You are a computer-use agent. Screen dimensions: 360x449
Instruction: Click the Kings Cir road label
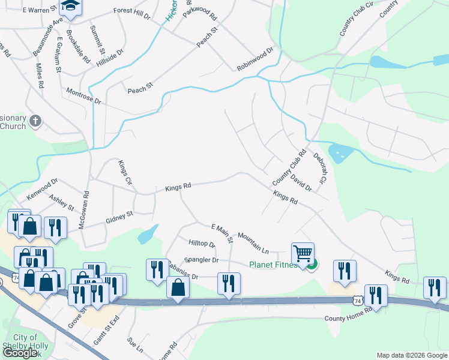pos(124,172)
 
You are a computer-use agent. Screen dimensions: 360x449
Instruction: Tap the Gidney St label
pos(119,215)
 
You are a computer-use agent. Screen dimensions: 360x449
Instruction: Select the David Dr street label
pos(301,182)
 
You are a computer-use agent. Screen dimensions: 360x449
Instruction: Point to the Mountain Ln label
pos(254,242)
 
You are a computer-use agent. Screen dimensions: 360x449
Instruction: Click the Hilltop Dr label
pos(202,243)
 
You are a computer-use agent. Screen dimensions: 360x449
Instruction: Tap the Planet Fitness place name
pos(274,265)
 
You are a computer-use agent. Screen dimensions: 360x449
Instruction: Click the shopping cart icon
pos(303,253)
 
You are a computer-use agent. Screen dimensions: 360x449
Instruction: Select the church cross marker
pos(35,121)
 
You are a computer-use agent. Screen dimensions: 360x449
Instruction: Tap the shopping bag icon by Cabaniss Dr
pos(178,287)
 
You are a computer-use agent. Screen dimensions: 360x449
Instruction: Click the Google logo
pos(20,353)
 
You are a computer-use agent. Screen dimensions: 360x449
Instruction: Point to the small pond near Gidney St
pos(148,234)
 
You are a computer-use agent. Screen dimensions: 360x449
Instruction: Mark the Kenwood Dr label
pos(41,189)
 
